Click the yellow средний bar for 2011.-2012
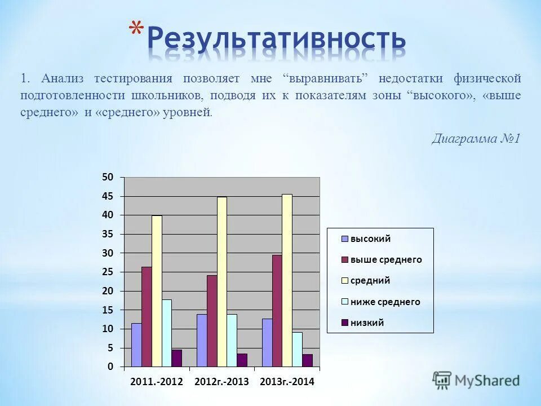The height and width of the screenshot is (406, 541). click(157, 291)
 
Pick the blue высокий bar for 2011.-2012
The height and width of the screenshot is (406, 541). click(136, 345)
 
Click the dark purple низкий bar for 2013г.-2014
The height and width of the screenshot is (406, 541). click(308, 360)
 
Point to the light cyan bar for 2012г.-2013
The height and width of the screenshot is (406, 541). click(232, 340)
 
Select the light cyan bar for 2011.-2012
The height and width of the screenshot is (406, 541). click(167, 333)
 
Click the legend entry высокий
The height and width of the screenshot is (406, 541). click(370, 239)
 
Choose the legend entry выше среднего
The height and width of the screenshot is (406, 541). click(386, 260)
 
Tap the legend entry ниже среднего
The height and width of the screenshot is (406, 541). click(385, 302)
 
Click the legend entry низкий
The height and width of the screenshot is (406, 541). click(367, 323)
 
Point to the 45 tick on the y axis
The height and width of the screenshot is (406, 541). click(108, 196)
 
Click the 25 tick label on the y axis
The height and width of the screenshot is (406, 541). click(108, 272)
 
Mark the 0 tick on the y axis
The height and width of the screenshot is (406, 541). click(110, 367)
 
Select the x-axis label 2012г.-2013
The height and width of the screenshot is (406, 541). click(221, 382)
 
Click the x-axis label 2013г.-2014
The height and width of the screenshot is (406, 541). click(287, 382)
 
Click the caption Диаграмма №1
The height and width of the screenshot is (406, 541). click(475, 139)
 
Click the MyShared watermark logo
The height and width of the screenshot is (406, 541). click(477, 380)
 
